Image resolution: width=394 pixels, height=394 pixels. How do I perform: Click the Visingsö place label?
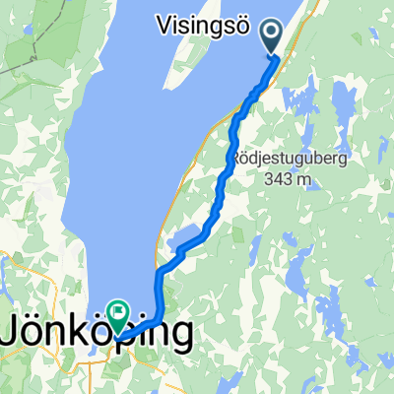coord(203,24)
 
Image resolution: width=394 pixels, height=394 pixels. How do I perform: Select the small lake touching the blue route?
coord(187,239)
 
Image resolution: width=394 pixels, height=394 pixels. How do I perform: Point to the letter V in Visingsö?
coord(164,24)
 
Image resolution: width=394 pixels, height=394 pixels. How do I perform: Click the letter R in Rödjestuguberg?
coord(237,159)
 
